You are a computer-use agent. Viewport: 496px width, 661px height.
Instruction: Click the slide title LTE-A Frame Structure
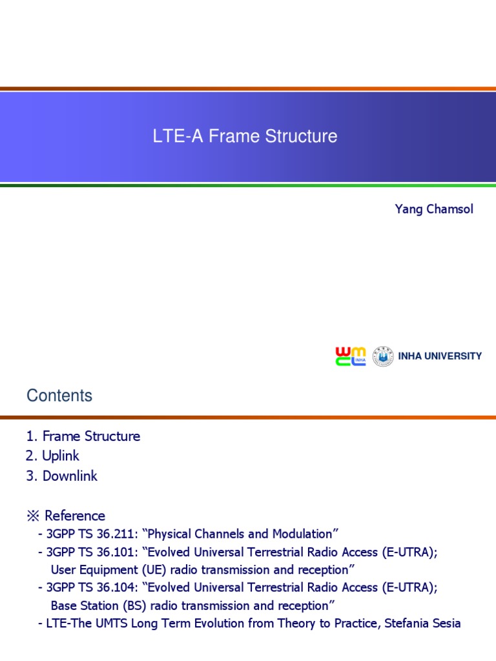(x=245, y=137)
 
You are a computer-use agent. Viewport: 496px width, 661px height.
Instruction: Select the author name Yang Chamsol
(x=434, y=210)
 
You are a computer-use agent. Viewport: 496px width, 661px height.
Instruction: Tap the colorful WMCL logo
(x=350, y=356)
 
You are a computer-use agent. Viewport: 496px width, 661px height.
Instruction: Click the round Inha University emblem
(x=383, y=356)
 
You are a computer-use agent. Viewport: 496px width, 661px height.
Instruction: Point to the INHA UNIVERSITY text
(x=440, y=356)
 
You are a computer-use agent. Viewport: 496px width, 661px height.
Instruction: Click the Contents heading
(x=59, y=396)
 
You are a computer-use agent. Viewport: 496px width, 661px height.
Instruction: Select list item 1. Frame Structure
(x=83, y=436)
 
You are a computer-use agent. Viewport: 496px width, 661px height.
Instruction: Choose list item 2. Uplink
(x=52, y=456)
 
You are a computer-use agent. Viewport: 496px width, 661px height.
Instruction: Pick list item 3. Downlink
(x=61, y=476)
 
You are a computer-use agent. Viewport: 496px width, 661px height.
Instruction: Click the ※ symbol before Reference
(x=33, y=516)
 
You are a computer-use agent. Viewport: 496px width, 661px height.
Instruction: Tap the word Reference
(x=75, y=516)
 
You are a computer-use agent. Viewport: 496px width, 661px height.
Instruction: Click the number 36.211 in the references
(x=122, y=534)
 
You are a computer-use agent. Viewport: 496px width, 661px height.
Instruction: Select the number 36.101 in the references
(x=122, y=552)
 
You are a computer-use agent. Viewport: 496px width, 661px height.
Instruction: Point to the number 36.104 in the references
(x=122, y=587)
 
